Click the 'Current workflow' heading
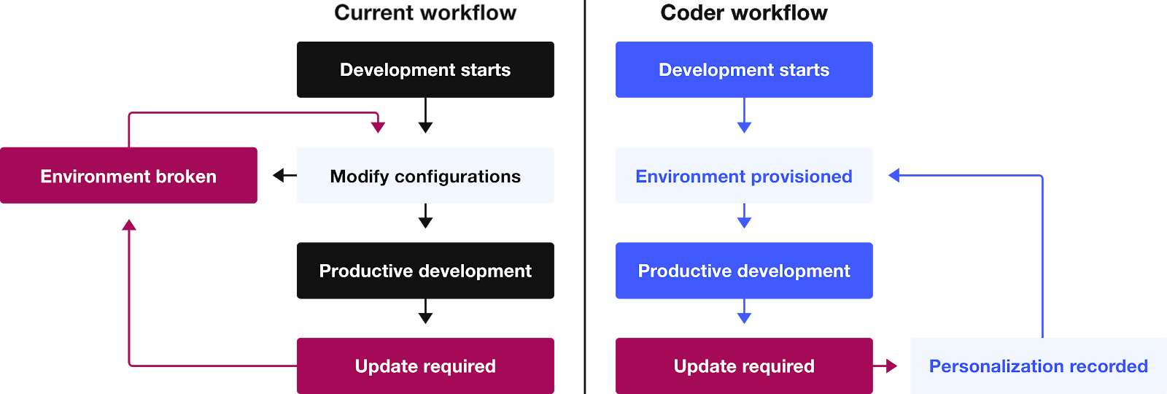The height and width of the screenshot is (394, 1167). [x=425, y=13]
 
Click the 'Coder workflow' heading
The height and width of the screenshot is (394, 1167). [x=744, y=13]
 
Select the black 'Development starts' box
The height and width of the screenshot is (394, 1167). [x=425, y=70]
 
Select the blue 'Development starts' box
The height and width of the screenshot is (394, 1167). [x=744, y=70]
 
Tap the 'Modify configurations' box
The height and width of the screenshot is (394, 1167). [x=425, y=176]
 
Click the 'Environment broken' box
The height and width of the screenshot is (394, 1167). [x=128, y=176]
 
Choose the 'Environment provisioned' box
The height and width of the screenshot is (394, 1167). [x=744, y=176]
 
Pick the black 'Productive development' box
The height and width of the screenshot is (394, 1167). [x=425, y=271]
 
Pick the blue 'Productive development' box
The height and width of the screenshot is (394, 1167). [x=744, y=271]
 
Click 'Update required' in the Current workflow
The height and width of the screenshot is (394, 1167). [x=425, y=366]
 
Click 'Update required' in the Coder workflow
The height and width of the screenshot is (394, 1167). [x=744, y=366]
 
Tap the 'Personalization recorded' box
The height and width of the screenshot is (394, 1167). [x=1038, y=366]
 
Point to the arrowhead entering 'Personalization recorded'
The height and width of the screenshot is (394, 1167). [x=891, y=366]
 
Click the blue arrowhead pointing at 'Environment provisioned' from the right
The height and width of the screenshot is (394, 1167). [x=894, y=175]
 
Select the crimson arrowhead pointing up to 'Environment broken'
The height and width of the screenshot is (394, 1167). [x=129, y=225]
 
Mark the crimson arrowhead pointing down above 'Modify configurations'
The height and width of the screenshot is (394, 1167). [x=378, y=127]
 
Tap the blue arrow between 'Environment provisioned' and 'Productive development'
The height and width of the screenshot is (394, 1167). [x=744, y=217]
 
